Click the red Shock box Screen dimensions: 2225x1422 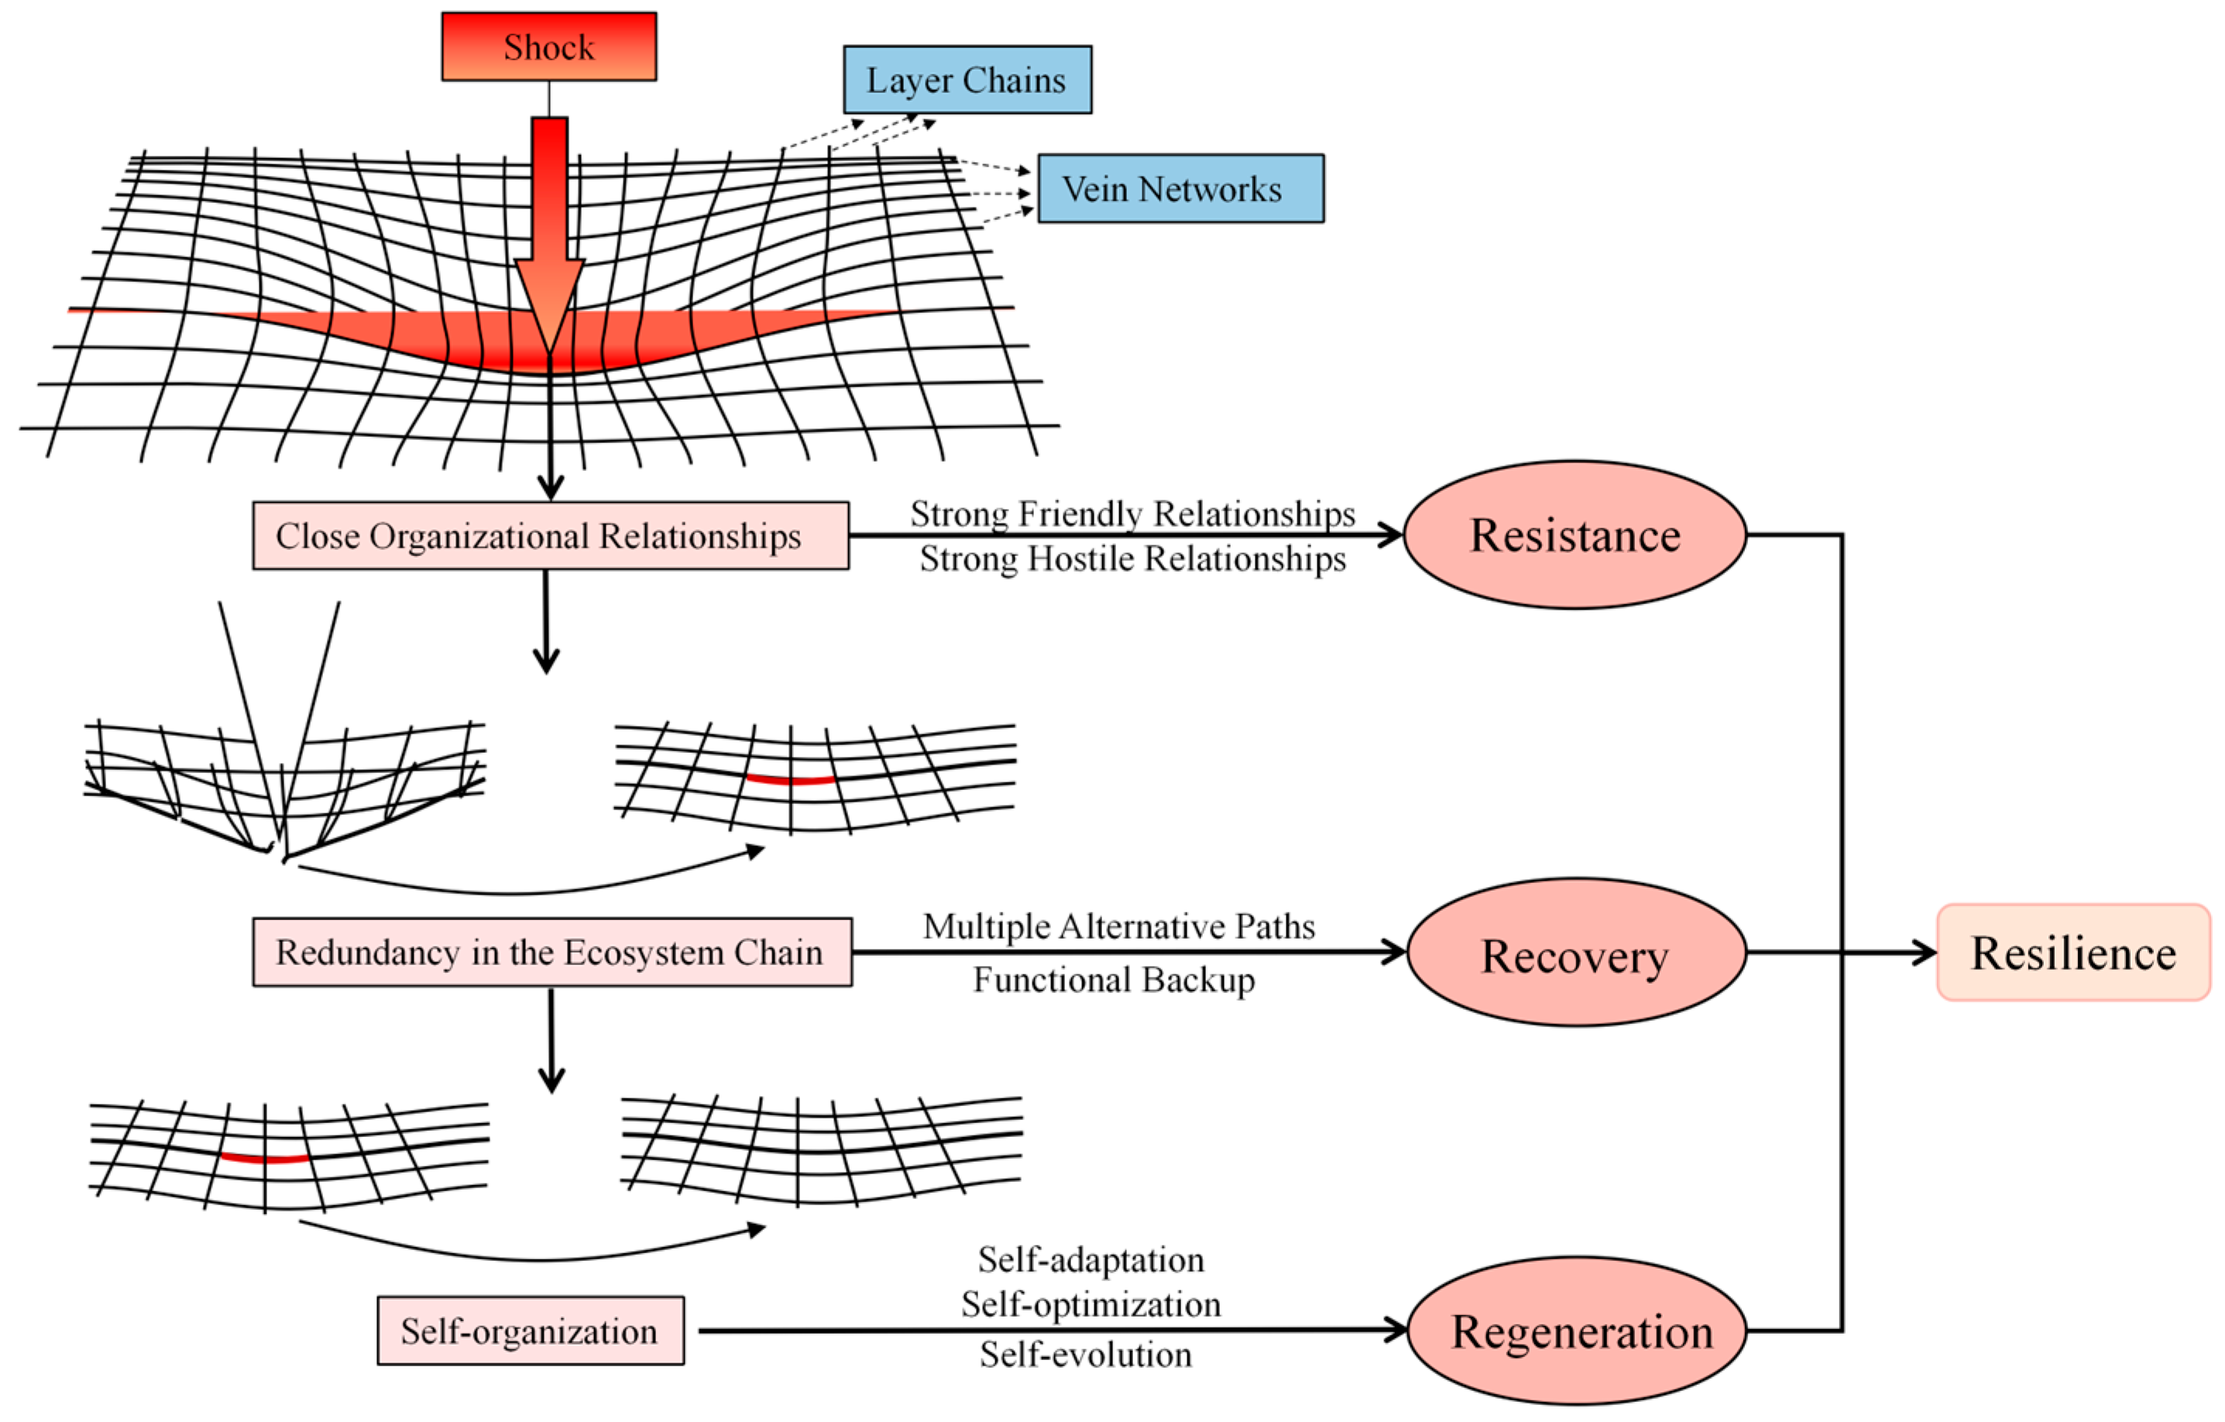tap(549, 46)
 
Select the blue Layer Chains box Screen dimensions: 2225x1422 tap(967, 80)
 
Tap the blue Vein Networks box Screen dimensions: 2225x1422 tap(1181, 188)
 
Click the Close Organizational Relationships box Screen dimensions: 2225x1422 tap(551, 536)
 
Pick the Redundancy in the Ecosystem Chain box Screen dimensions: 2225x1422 tap(552, 952)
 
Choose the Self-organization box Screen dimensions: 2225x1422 tap(530, 1331)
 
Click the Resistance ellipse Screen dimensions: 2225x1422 tap(1575, 535)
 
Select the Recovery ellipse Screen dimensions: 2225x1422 tap(1576, 953)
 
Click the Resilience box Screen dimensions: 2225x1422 tap(2073, 953)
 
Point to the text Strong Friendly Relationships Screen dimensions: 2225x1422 tap(1133, 513)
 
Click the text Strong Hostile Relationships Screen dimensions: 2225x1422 tap(1133, 559)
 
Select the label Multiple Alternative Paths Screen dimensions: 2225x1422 tap(1119, 927)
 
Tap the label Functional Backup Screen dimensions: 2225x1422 tap(1114, 980)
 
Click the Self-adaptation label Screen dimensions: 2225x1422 tap(1091, 1260)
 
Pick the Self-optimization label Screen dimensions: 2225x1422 tap(1091, 1304)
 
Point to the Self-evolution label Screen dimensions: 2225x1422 tap(1086, 1355)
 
